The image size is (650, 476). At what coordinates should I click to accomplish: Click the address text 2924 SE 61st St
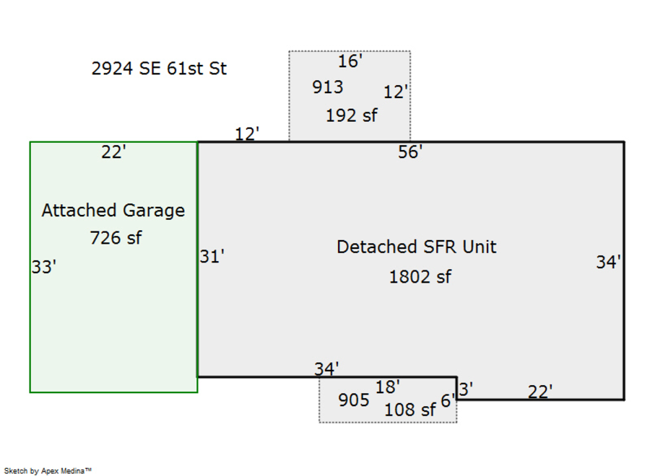(x=159, y=69)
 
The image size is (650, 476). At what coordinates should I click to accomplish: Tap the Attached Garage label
(x=113, y=211)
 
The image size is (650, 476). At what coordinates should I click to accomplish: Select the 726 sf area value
(x=116, y=237)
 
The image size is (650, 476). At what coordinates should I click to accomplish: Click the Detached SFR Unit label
(x=417, y=247)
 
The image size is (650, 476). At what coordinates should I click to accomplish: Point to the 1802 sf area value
(x=420, y=276)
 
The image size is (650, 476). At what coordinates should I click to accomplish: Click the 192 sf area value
(x=351, y=115)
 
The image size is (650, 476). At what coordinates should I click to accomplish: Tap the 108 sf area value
(x=409, y=410)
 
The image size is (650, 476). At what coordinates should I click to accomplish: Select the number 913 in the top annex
(x=328, y=87)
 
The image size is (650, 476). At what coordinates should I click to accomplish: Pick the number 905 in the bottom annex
(x=354, y=400)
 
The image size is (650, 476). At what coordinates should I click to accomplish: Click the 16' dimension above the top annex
(x=350, y=62)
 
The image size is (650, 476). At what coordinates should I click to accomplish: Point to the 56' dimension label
(x=410, y=152)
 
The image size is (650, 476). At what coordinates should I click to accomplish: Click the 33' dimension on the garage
(x=44, y=267)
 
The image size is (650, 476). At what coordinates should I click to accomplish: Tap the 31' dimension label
(x=212, y=256)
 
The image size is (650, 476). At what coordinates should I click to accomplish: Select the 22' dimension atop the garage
(x=113, y=152)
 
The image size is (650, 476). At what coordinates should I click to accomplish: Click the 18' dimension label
(x=388, y=387)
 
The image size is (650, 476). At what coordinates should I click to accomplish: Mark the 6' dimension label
(x=447, y=401)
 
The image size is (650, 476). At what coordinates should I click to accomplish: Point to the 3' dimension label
(x=466, y=389)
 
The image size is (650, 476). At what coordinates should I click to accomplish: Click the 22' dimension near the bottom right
(x=540, y=392)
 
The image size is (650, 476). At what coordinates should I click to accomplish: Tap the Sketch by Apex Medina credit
(x=48, y=470)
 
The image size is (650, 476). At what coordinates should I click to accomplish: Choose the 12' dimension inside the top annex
(x=396, y=92)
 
